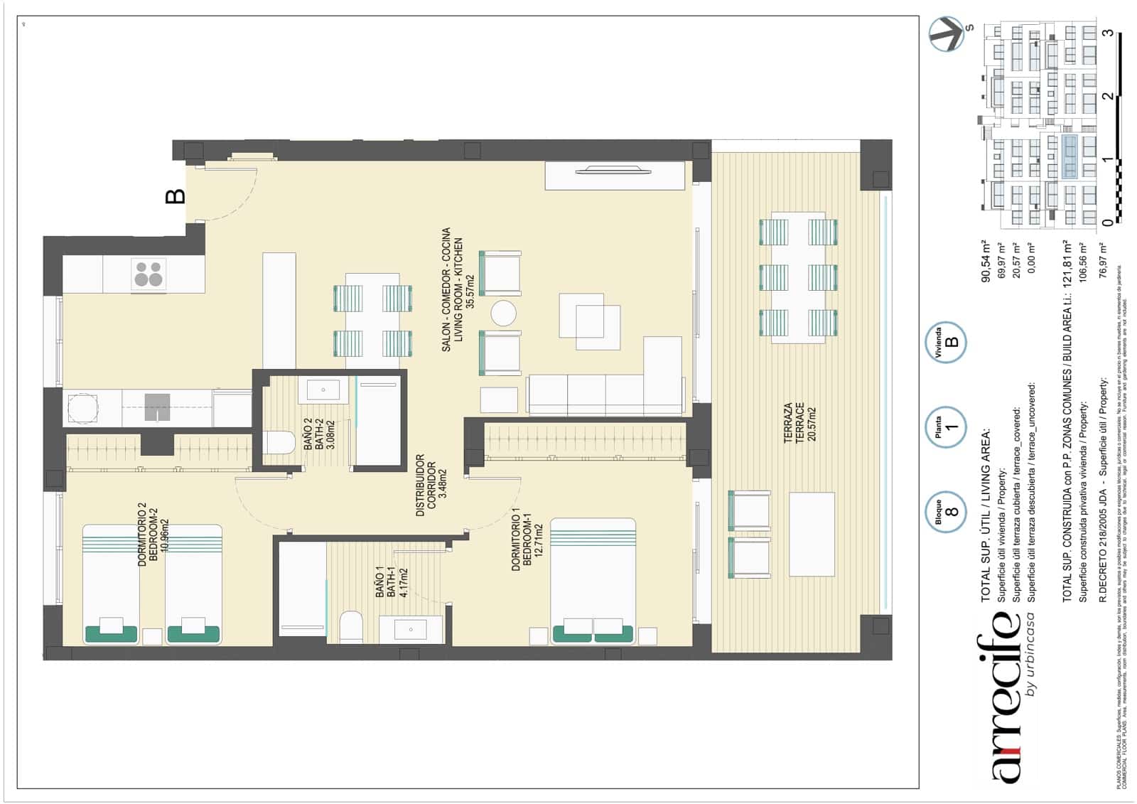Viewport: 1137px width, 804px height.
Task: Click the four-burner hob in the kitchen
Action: [149, 274]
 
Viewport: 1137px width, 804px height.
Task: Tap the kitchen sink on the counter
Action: [157, 407]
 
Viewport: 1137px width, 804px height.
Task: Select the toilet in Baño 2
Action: [279, 443]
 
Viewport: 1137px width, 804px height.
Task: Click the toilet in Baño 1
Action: [351, 626]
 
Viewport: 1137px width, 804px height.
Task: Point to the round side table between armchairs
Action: [503, 313]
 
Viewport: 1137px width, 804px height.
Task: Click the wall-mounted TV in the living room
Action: [613, 170]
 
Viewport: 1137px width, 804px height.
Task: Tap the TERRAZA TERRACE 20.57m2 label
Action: [799, 423]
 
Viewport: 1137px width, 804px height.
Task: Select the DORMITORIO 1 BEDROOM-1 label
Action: [527, 539]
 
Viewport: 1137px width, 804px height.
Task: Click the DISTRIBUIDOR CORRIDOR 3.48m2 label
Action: [431, 486]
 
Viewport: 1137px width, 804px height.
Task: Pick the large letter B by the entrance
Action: [175, 195]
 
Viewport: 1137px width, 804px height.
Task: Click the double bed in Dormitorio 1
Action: [593, 581]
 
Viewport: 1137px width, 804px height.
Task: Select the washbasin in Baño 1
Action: [411, 629]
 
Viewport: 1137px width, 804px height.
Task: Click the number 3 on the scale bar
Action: [1107, 33]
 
